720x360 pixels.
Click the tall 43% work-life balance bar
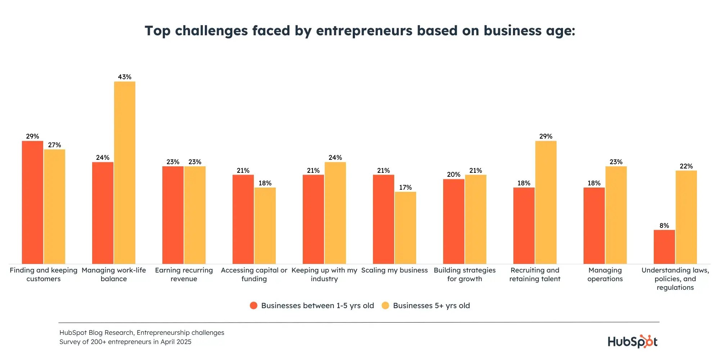pyautogui.click(x=125, y=173)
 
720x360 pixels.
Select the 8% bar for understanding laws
pyautogui.click(x=664, y=247)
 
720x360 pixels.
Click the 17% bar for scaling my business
pyautogui.click(x=405, y=228)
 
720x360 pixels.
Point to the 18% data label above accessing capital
pyautogui.click(x=265, y=183)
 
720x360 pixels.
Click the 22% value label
pyautogui.click(x=686, y=166)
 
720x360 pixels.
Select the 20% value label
pyautogui.click(x=454, y=175)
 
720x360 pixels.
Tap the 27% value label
pyautogui.click(x=54, y=145)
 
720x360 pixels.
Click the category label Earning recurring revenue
pyautogui.click(x=184, y=274)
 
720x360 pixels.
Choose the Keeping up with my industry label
pyautogui.click(x=324, y=274)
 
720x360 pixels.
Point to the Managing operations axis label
pyautogui.click(x=605, y=274)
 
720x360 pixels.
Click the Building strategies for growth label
pyautogui.click(x=465, y=274)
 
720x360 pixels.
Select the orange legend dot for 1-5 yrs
pyautogui.click(x=253, y=306)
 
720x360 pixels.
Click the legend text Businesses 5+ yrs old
pyautogui.click(x=431, y=306)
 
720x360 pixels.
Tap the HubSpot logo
pyautogui.click(x=633, y=341)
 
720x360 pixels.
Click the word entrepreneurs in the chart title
pyautogui.click(x=364, y=31)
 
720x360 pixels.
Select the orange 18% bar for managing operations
pyautogui.click(x=594, y=226)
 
